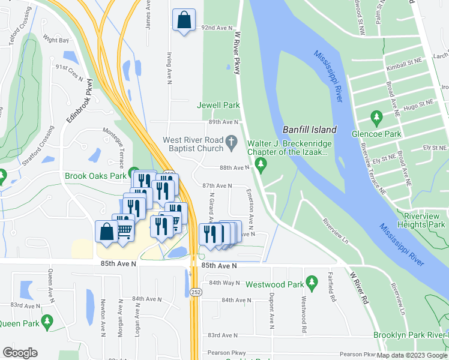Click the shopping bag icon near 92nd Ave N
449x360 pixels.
(x=184, y=19)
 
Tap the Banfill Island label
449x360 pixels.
(x=310, y=130)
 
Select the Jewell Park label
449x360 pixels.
(x=219, y=105)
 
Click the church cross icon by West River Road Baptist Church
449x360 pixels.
(x=232, y=142)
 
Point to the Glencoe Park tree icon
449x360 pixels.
(x=377, y=116)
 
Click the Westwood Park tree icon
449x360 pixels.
(x=311, y=281)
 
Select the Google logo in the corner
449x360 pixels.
(x=20, y=353)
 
